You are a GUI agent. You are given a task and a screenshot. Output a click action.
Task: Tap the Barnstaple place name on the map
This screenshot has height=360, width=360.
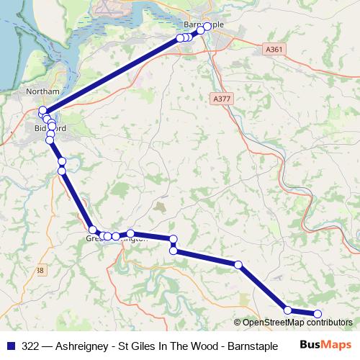pos(204,24)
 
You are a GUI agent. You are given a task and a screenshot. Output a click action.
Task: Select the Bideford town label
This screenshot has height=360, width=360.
pos(50,128)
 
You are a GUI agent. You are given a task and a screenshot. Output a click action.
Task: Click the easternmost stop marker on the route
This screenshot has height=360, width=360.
pos(317,313)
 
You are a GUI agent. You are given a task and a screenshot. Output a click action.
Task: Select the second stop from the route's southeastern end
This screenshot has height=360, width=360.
pos(288,310)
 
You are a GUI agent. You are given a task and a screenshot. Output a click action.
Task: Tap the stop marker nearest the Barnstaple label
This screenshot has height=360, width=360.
pos(207,27)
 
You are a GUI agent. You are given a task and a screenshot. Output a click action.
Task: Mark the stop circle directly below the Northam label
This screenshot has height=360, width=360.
pos(42,110)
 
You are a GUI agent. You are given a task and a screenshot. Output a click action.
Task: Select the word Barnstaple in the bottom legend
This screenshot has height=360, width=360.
pos(253,346)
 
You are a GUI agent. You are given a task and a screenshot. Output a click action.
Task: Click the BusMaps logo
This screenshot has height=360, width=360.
pos(325,346)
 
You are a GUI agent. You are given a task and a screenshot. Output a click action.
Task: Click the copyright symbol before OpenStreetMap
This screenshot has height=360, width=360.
pos(238,323)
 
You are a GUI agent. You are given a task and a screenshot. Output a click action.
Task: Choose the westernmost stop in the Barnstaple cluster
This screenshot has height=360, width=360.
pos(180,38)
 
